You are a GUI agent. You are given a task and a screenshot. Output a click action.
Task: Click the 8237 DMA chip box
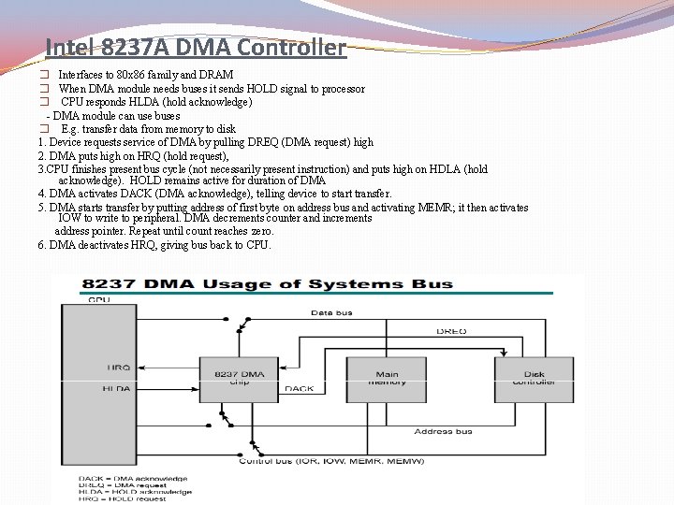[x=239, y=379]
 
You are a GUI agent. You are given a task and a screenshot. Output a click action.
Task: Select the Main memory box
[x=387, y=379]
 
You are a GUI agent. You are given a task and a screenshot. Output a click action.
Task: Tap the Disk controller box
[x=534, y=379]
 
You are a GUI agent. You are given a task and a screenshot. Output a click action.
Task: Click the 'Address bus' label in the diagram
[x=444, y=431]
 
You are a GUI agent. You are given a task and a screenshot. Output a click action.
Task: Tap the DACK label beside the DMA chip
[x=300, y=389]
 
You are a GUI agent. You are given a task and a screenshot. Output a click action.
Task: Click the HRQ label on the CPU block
[x=119, y=368]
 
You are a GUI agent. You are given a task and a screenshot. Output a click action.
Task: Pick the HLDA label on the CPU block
[x=117, y=387]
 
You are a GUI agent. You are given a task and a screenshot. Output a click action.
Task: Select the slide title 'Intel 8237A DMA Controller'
[x=196, y=47]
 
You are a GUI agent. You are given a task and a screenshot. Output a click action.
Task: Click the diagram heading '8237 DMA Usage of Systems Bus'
[x=267, y=283]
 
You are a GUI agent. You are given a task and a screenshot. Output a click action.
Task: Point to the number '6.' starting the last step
[x=43, y=245]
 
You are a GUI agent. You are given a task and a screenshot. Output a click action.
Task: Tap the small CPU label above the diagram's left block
[x=97, y=300]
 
